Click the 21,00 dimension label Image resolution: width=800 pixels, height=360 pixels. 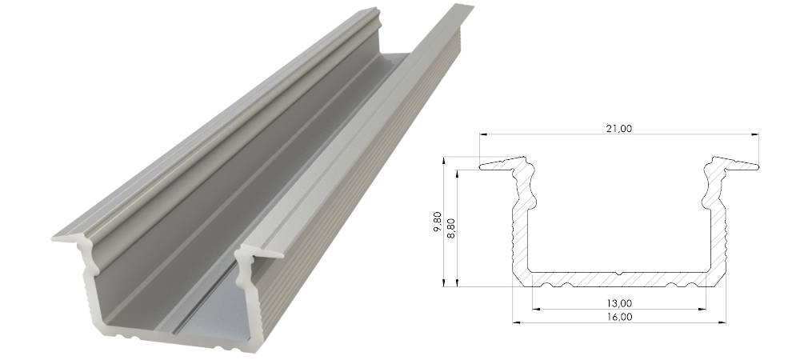pos(618,129)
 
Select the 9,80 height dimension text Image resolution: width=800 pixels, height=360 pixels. pos(438,222)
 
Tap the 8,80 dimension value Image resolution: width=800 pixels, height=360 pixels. pos(450,228)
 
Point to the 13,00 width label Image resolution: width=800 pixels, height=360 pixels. pos(619,303)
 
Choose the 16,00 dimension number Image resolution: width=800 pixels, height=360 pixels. pos(619,317)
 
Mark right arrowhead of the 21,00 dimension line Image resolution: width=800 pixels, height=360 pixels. pos(754,134)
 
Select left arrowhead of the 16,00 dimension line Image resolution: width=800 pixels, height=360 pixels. pos(517,322)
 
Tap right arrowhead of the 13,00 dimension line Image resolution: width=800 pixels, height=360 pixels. pos(702,309)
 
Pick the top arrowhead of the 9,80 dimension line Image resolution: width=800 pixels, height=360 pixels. pos(444,161)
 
